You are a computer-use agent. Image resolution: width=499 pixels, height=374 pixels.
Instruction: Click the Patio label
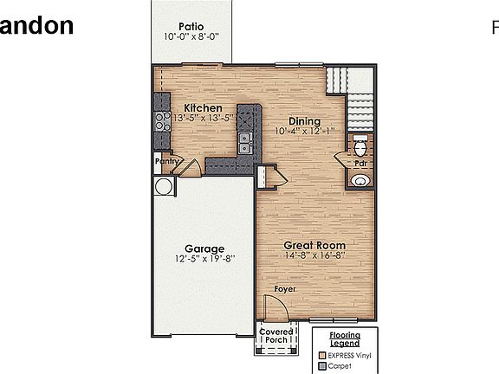pyautogui.click(x=191, y=26)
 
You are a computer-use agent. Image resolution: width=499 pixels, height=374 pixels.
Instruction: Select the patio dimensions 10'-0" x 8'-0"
pyautogui.click(x=191, y=37)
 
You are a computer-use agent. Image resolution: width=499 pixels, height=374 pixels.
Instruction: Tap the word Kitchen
pyautogui.click(x=203, y=107)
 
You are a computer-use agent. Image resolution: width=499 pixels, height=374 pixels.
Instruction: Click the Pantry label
pyautogui.click(x=167, y=160)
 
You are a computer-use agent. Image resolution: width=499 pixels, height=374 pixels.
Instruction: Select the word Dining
pyautogui.click(x=304, y=121)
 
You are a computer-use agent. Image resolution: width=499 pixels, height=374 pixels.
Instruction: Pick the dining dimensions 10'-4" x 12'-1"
pyautogui.click(x=304, y=132)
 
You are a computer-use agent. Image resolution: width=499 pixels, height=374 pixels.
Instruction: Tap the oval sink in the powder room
pyautogui.click(x=360, y=180)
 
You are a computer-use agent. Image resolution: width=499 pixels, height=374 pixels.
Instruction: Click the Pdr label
pyautogui.click(x=359, y=163)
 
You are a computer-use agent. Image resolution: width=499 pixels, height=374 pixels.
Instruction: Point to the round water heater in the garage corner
pyautogui.click(x=163, y=186)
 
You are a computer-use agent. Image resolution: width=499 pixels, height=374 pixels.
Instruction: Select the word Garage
pyautogui.click(x=204, y=248)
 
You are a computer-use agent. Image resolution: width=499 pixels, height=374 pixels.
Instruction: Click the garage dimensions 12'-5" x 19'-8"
pyautogui.click(x=204, y=259)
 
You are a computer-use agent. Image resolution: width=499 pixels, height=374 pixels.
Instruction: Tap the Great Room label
pyautogui.click(x=315, y=245)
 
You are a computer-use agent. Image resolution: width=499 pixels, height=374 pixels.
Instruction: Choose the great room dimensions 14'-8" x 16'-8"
pyautogui.click(x=315, y=255)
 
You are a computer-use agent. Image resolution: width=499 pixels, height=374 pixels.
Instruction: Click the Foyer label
pyautogui.click(x=284, y=288)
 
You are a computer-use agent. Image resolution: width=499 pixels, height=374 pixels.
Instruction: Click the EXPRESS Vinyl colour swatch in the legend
pyautogui.click(x=323, y=354)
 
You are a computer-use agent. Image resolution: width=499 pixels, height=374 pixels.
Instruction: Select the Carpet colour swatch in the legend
pyautogui.click(x=323, y=365)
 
